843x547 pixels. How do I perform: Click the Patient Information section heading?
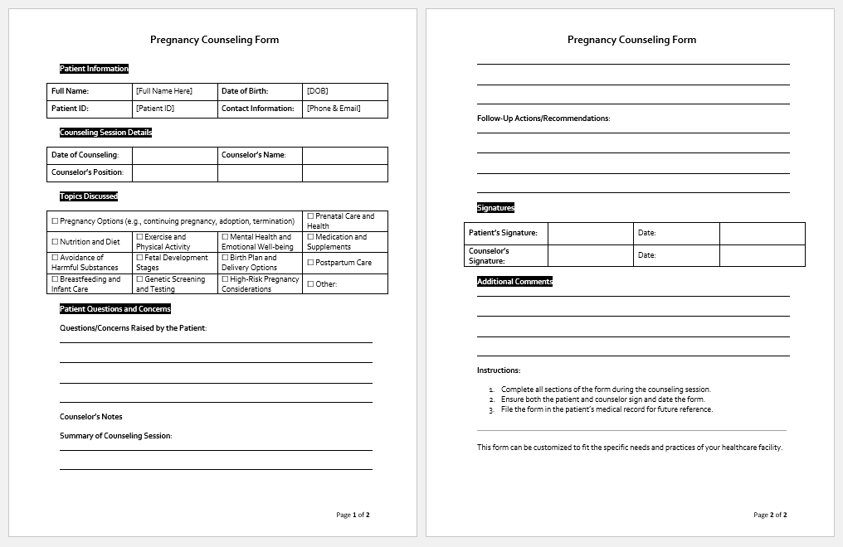pyautogui.click(x=94, y=69)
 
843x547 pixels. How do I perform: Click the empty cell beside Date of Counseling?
pyautogui.click(x=175, y=155)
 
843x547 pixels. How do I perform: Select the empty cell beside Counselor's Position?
pyautogui.click(x=175, y=172)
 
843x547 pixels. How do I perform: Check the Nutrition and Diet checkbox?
pyautogui.click(x=56, y=242)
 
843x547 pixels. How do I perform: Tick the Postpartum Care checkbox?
pyautogui.click(x=311, y=263)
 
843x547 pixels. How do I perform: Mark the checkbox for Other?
pyautogui.click(x=311, y=284)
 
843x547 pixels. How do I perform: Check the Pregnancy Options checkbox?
pyautogui.click(x=56, y=221)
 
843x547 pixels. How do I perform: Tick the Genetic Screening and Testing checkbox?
pyautogui.click(x=140, y=279)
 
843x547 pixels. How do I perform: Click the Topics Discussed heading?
pyautogui.click(x=89, y=196)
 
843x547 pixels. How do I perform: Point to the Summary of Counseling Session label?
pyautogui.click(x=115, y=436)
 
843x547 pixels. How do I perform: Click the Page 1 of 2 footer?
pyautogui.click(x=353, y=515)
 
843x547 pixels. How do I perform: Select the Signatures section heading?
pyautogui.click(x=495, y=208)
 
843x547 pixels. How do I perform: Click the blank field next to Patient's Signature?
pyautogui.click(x=591, y=233)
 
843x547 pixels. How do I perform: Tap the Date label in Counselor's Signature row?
pyautogui.click(x=647, y=255)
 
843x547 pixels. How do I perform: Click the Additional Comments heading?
pyautogui.click(x=514, y=282)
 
